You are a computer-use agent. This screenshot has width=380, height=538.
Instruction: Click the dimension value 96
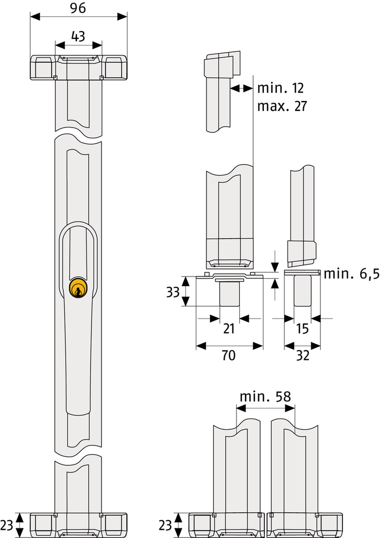[78, 8]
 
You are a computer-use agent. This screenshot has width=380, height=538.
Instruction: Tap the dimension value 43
[78, 36]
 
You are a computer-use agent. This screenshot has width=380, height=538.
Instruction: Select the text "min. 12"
[280, 88]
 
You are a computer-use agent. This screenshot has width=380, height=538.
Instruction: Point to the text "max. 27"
[282, 106]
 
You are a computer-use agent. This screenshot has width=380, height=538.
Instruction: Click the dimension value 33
[173, 292]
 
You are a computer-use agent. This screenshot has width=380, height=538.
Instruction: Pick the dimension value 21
[228, 328]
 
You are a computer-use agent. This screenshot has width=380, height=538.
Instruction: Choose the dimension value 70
[228, 355]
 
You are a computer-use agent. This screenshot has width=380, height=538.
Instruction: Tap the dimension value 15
[303, 328]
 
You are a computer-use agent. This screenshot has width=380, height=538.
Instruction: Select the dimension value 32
[303, 355]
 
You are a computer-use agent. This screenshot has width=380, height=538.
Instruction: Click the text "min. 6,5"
[352, 274]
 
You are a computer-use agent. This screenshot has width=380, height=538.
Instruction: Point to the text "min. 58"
[265, 397]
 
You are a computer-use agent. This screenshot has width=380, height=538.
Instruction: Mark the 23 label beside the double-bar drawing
[165, 525]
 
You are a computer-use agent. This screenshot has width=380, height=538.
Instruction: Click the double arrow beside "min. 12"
[241, 89]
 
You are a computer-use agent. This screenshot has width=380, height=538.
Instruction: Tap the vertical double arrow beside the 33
[185, 291]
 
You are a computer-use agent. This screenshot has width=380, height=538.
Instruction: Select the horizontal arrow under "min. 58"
[266, 408]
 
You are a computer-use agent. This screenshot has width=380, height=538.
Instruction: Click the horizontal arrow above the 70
[229, 345]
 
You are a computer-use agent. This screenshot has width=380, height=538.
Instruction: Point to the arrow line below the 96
[78, 17]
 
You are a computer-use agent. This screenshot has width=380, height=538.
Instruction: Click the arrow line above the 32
[302, 345]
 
